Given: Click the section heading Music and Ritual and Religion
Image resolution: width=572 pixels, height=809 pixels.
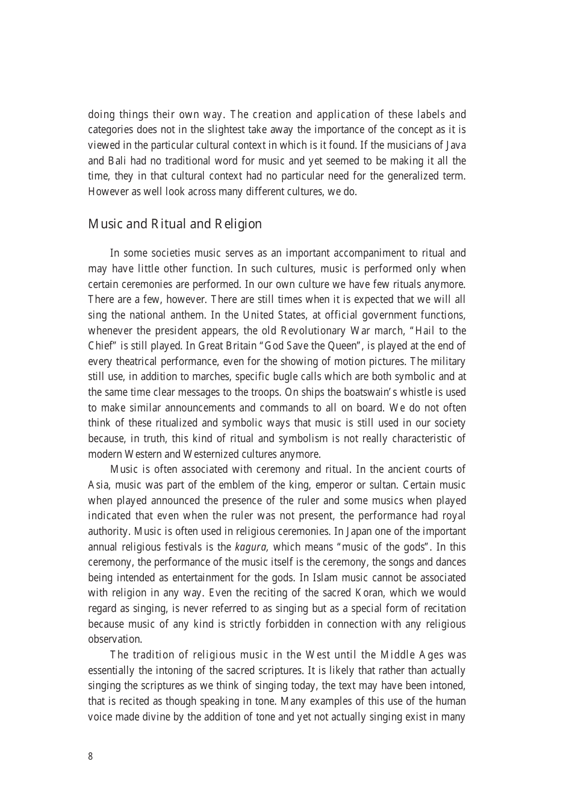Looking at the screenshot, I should (175, 224).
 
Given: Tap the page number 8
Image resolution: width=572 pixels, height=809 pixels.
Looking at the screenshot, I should (90, 757).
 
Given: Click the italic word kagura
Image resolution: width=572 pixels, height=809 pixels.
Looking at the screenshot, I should (252, 547).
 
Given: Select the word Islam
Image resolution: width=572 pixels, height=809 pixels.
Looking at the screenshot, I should (350, 578).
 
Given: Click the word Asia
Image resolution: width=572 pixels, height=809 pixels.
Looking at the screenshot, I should (98, 485).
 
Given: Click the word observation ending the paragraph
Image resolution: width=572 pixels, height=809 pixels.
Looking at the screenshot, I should (114, 639).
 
